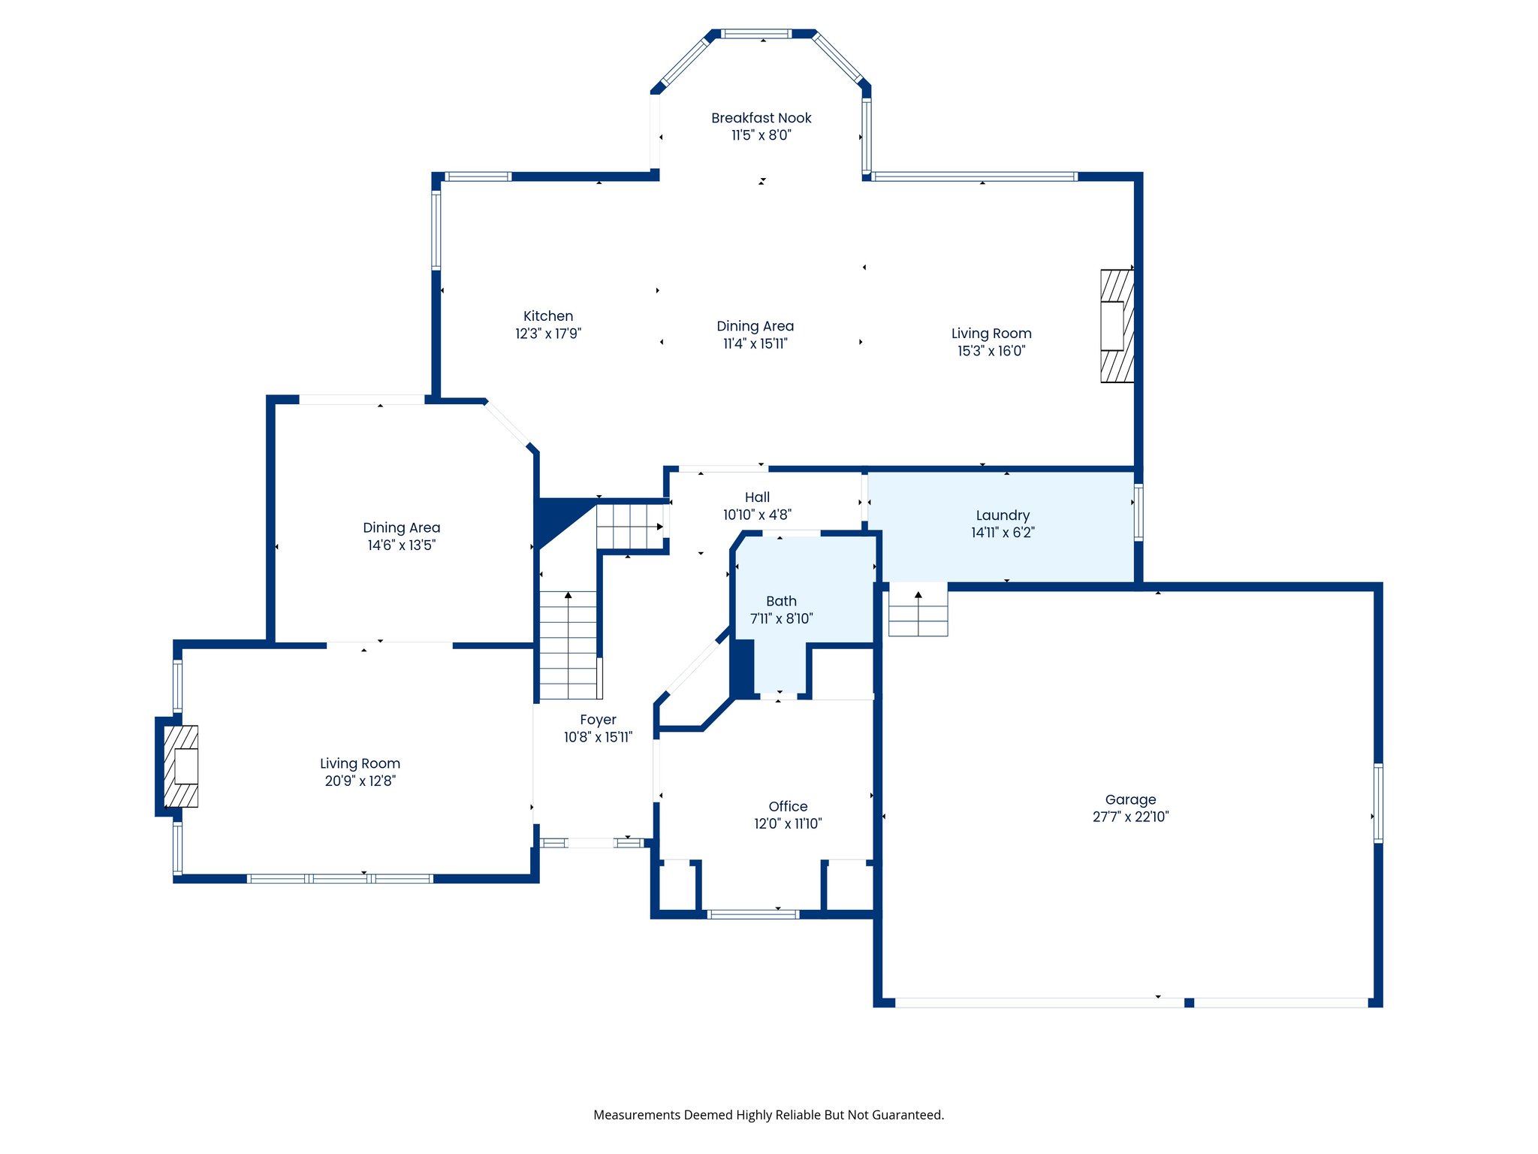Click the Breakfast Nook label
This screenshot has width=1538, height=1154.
click(x=761, y=118)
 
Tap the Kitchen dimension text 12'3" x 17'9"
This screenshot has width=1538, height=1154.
click(x=548, y=334)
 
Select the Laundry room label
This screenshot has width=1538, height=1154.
click(x=1003, y=515)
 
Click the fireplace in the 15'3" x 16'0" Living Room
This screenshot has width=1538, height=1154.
click(x=1116, y=325)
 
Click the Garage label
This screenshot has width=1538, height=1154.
click(x=1130, y=799)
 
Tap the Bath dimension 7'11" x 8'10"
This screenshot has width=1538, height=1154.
click(x=781, y=618)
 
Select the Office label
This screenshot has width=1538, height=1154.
click(x=788, y=806)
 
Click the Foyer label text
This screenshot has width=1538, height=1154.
click(x=598, y=720)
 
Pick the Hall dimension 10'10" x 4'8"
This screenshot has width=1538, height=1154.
click(x=757, y=515)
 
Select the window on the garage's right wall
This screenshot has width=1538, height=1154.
click(x=1377, y=802)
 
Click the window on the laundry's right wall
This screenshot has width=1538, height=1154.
click(x=1138, y=512)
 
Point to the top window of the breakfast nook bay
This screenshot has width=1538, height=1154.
click(x=756, y=34)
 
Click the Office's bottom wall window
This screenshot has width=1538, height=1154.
click(x=752, y=914)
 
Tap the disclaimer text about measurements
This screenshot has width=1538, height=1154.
click(x=768, y=1115)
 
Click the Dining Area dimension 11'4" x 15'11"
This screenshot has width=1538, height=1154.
click(x=755, y=344)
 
